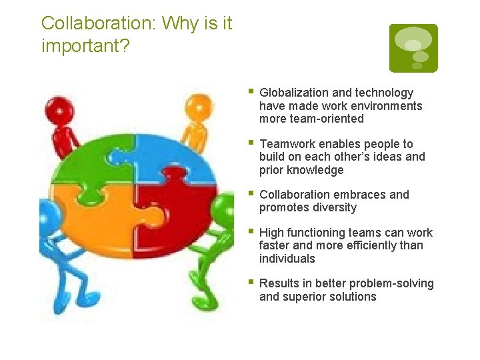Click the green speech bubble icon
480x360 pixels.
pos(413,48)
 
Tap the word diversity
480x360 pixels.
pos(333,207)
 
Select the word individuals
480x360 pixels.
pos(287,259)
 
